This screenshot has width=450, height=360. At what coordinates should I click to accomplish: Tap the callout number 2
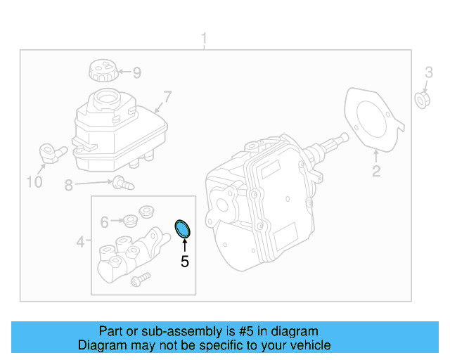376,171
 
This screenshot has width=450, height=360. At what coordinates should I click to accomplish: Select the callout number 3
428,72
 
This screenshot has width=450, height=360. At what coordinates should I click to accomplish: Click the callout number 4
81,243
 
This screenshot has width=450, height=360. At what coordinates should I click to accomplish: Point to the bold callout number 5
184,262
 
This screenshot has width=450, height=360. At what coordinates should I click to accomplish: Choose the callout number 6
104,222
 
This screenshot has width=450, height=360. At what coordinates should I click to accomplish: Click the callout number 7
167,96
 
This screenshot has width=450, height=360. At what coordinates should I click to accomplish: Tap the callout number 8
69,186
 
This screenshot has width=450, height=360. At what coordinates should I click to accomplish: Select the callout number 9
137,72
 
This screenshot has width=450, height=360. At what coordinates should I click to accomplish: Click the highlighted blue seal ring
184,228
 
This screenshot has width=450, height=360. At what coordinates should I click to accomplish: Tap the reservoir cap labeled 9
102,71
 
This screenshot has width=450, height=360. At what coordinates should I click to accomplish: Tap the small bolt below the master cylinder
141,279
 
